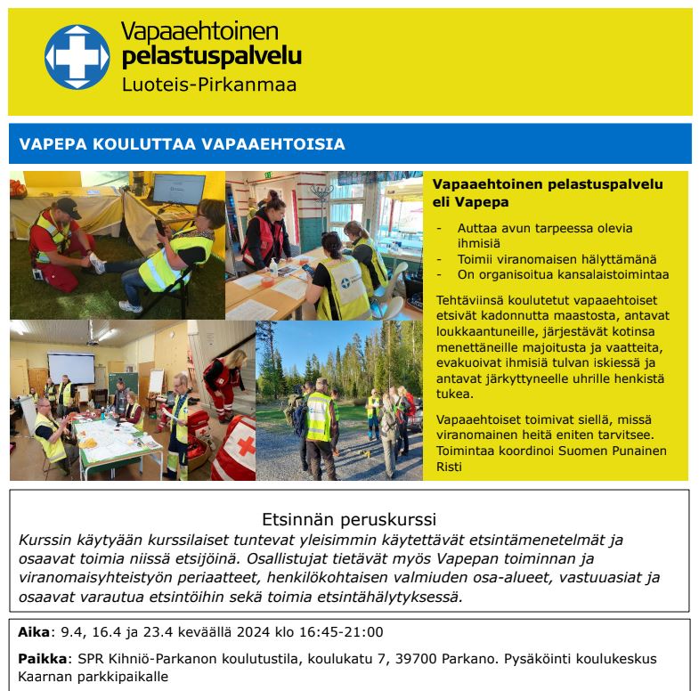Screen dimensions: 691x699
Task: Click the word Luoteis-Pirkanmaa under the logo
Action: [x=208, y=86]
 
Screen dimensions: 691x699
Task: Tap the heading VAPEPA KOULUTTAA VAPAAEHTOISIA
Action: [x=183, y=144]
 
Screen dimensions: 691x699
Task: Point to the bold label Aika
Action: [x=35, y=632]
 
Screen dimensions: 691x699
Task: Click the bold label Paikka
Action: [x=41, y=659]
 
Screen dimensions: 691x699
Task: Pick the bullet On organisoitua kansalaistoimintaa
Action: [x=563, y=274]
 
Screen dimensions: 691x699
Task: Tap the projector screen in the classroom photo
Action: [x=71, y=370]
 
